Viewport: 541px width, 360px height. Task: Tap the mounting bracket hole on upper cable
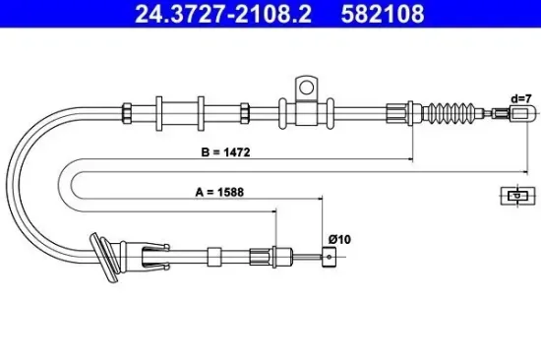click(305, 87)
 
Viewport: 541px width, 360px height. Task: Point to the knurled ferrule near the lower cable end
click(261, 257)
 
